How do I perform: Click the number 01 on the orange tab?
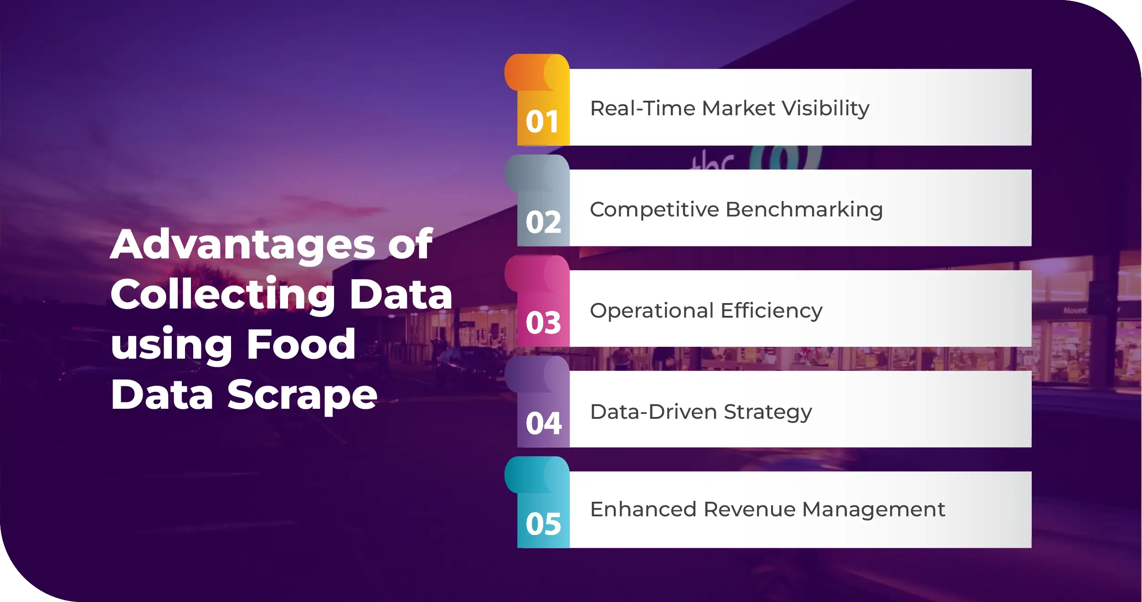542,122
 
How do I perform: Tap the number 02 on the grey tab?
543,222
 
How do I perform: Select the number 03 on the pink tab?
543,323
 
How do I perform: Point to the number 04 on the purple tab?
544,423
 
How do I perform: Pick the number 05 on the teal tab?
543,524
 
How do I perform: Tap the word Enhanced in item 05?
643,509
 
